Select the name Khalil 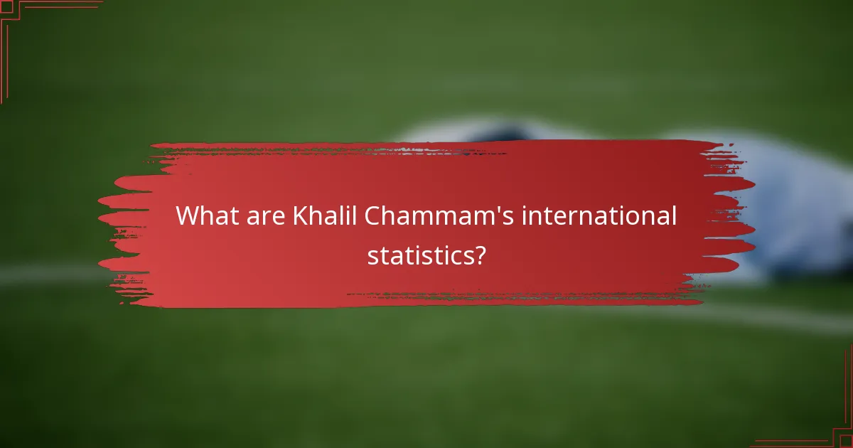point(324,215)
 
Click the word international point(599,215)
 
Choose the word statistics point(419,255)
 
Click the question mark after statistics point(480,255)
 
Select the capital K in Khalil point(299,215)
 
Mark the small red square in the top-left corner point(6,6)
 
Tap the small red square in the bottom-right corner point(847,442)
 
